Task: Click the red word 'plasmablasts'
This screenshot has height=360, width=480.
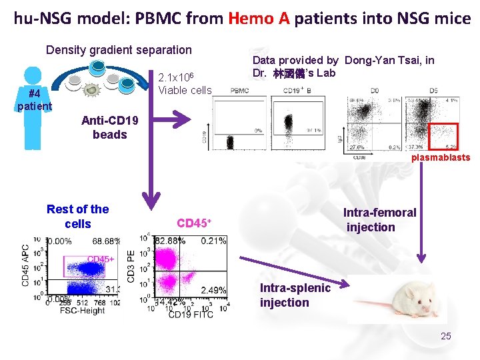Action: (x=440, y=158)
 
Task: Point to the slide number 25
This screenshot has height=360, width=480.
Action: (x=445, y=336)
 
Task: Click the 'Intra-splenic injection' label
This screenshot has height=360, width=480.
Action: (x=294, y=295)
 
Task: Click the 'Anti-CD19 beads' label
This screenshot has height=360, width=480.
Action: (x=109, y=127)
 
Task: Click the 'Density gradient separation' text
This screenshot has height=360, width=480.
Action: (x=119, y=49)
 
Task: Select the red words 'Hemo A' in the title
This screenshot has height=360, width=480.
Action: (x=258, y=18)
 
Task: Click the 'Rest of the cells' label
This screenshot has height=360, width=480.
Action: (x=77, y=217)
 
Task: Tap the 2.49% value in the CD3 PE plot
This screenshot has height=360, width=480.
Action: (x=213, y=290)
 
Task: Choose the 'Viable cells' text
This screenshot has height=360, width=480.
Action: (x=185, y=91)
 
